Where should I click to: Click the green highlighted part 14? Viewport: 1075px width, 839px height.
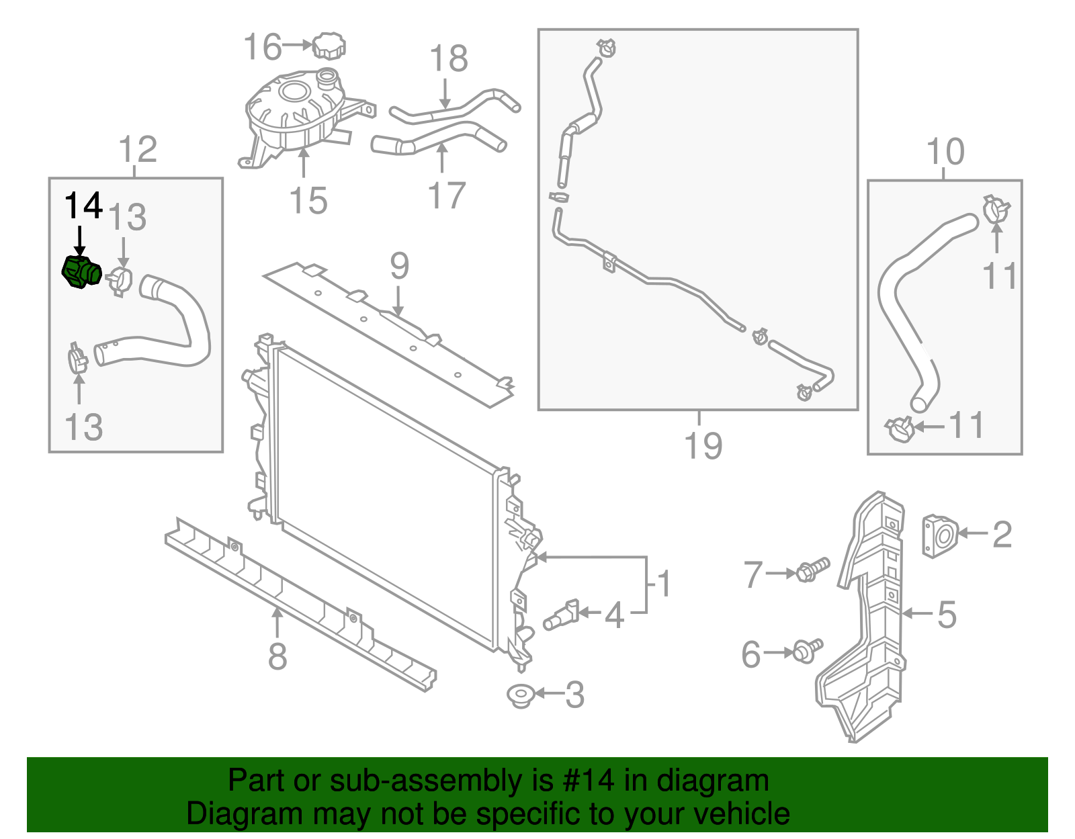tap(81, 272)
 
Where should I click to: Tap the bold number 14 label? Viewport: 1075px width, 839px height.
tap(83, 206)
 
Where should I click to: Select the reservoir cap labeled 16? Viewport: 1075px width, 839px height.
tap(329, 46)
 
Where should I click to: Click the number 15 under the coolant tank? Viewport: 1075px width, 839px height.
tap(308, 201)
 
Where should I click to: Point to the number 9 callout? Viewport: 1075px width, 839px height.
tap(399, 267)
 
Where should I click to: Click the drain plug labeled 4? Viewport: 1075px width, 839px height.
tap(562, 615)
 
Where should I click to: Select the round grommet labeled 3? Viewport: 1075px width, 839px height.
tap(519, 695)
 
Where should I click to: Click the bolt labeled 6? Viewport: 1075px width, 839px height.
tap(807, 650)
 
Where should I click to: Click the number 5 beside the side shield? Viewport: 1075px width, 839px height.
tap(947, 614)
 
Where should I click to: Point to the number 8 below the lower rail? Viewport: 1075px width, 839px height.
tap(277, 656)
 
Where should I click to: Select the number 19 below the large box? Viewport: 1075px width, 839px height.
tap(703, 445)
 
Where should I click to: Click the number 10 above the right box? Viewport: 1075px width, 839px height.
tap(945, 152)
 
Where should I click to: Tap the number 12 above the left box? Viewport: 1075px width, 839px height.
tap(138, 149)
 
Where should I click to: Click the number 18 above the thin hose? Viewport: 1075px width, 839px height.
tap(449, 58)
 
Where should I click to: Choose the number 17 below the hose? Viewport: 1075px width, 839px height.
tap(447, 195)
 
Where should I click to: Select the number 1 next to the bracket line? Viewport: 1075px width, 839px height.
tap(664, 584)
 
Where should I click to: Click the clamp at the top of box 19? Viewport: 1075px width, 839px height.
tap(607, 48)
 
